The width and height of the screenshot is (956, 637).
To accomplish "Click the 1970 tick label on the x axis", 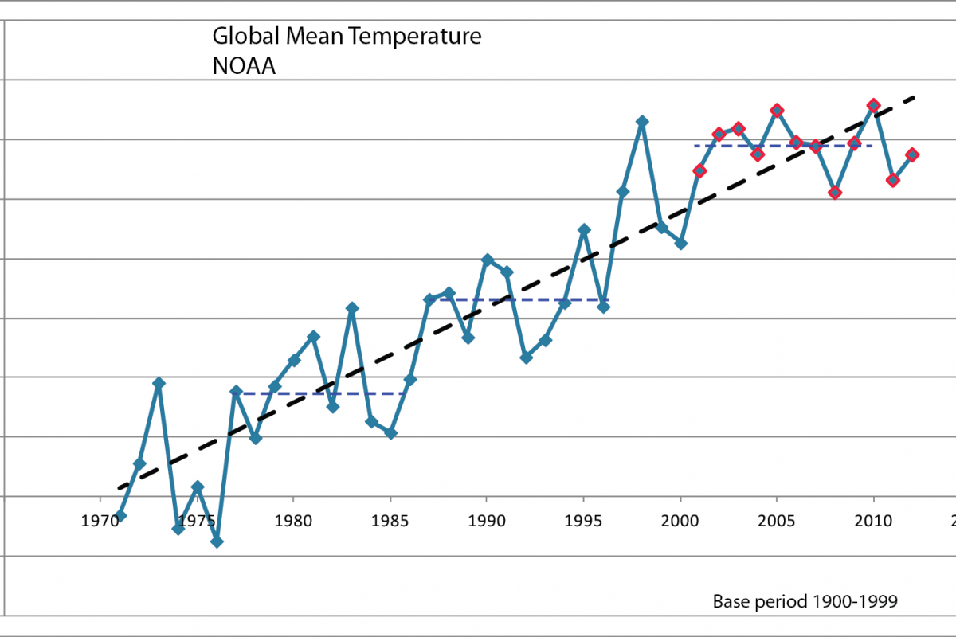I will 100,521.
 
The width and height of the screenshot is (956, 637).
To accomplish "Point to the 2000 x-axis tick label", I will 680,521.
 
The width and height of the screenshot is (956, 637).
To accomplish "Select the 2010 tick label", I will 874,521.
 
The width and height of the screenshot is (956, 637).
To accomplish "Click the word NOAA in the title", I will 244,65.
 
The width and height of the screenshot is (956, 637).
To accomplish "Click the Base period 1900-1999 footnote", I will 805,601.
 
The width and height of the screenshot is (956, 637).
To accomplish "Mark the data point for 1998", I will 642,121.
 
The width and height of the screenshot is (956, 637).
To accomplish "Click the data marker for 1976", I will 217,541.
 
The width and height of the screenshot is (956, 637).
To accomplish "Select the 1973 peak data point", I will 159,383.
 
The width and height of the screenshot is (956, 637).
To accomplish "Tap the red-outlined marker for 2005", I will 778,110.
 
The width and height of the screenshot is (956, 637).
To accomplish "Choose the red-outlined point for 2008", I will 835,192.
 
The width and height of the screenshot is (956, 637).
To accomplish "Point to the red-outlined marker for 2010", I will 874,105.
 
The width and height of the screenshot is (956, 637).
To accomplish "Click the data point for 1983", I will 352,307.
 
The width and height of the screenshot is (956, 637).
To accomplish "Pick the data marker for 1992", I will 526,358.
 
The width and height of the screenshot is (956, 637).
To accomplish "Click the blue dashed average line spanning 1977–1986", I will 319,393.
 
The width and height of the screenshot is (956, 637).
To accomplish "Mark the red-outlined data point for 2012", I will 913,154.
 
